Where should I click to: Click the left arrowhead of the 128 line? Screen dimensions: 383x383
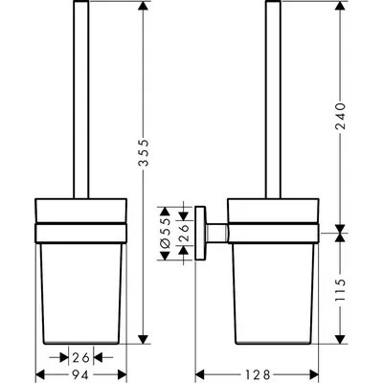[x=200, y=372]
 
